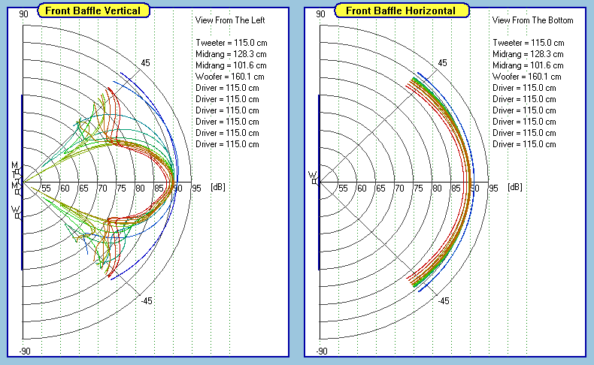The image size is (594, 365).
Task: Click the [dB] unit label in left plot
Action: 217,186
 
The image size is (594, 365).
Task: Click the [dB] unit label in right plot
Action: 514,186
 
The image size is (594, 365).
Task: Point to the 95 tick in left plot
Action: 196,188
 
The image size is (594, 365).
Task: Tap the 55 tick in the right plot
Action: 343,188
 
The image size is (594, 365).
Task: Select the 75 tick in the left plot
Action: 121,188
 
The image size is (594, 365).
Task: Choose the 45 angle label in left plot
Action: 145,63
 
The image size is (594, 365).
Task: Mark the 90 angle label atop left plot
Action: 25,14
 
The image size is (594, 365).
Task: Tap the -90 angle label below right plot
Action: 321,351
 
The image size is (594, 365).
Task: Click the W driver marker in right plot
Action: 313,178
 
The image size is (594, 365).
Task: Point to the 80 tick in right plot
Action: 437,188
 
